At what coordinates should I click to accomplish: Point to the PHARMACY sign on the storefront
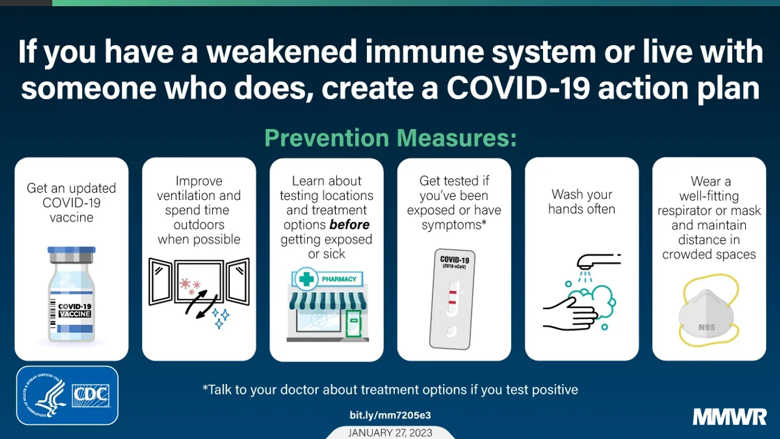(339, 279)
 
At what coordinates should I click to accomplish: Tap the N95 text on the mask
(707, 327)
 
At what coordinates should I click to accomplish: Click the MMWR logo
(729, 418)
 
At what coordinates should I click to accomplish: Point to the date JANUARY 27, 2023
(390, 432)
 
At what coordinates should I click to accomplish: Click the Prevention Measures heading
(390, 138)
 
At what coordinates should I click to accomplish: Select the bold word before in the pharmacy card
(349, 225)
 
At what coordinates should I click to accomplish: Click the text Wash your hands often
(581, 202)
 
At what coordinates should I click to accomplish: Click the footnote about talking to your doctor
(390, 389)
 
